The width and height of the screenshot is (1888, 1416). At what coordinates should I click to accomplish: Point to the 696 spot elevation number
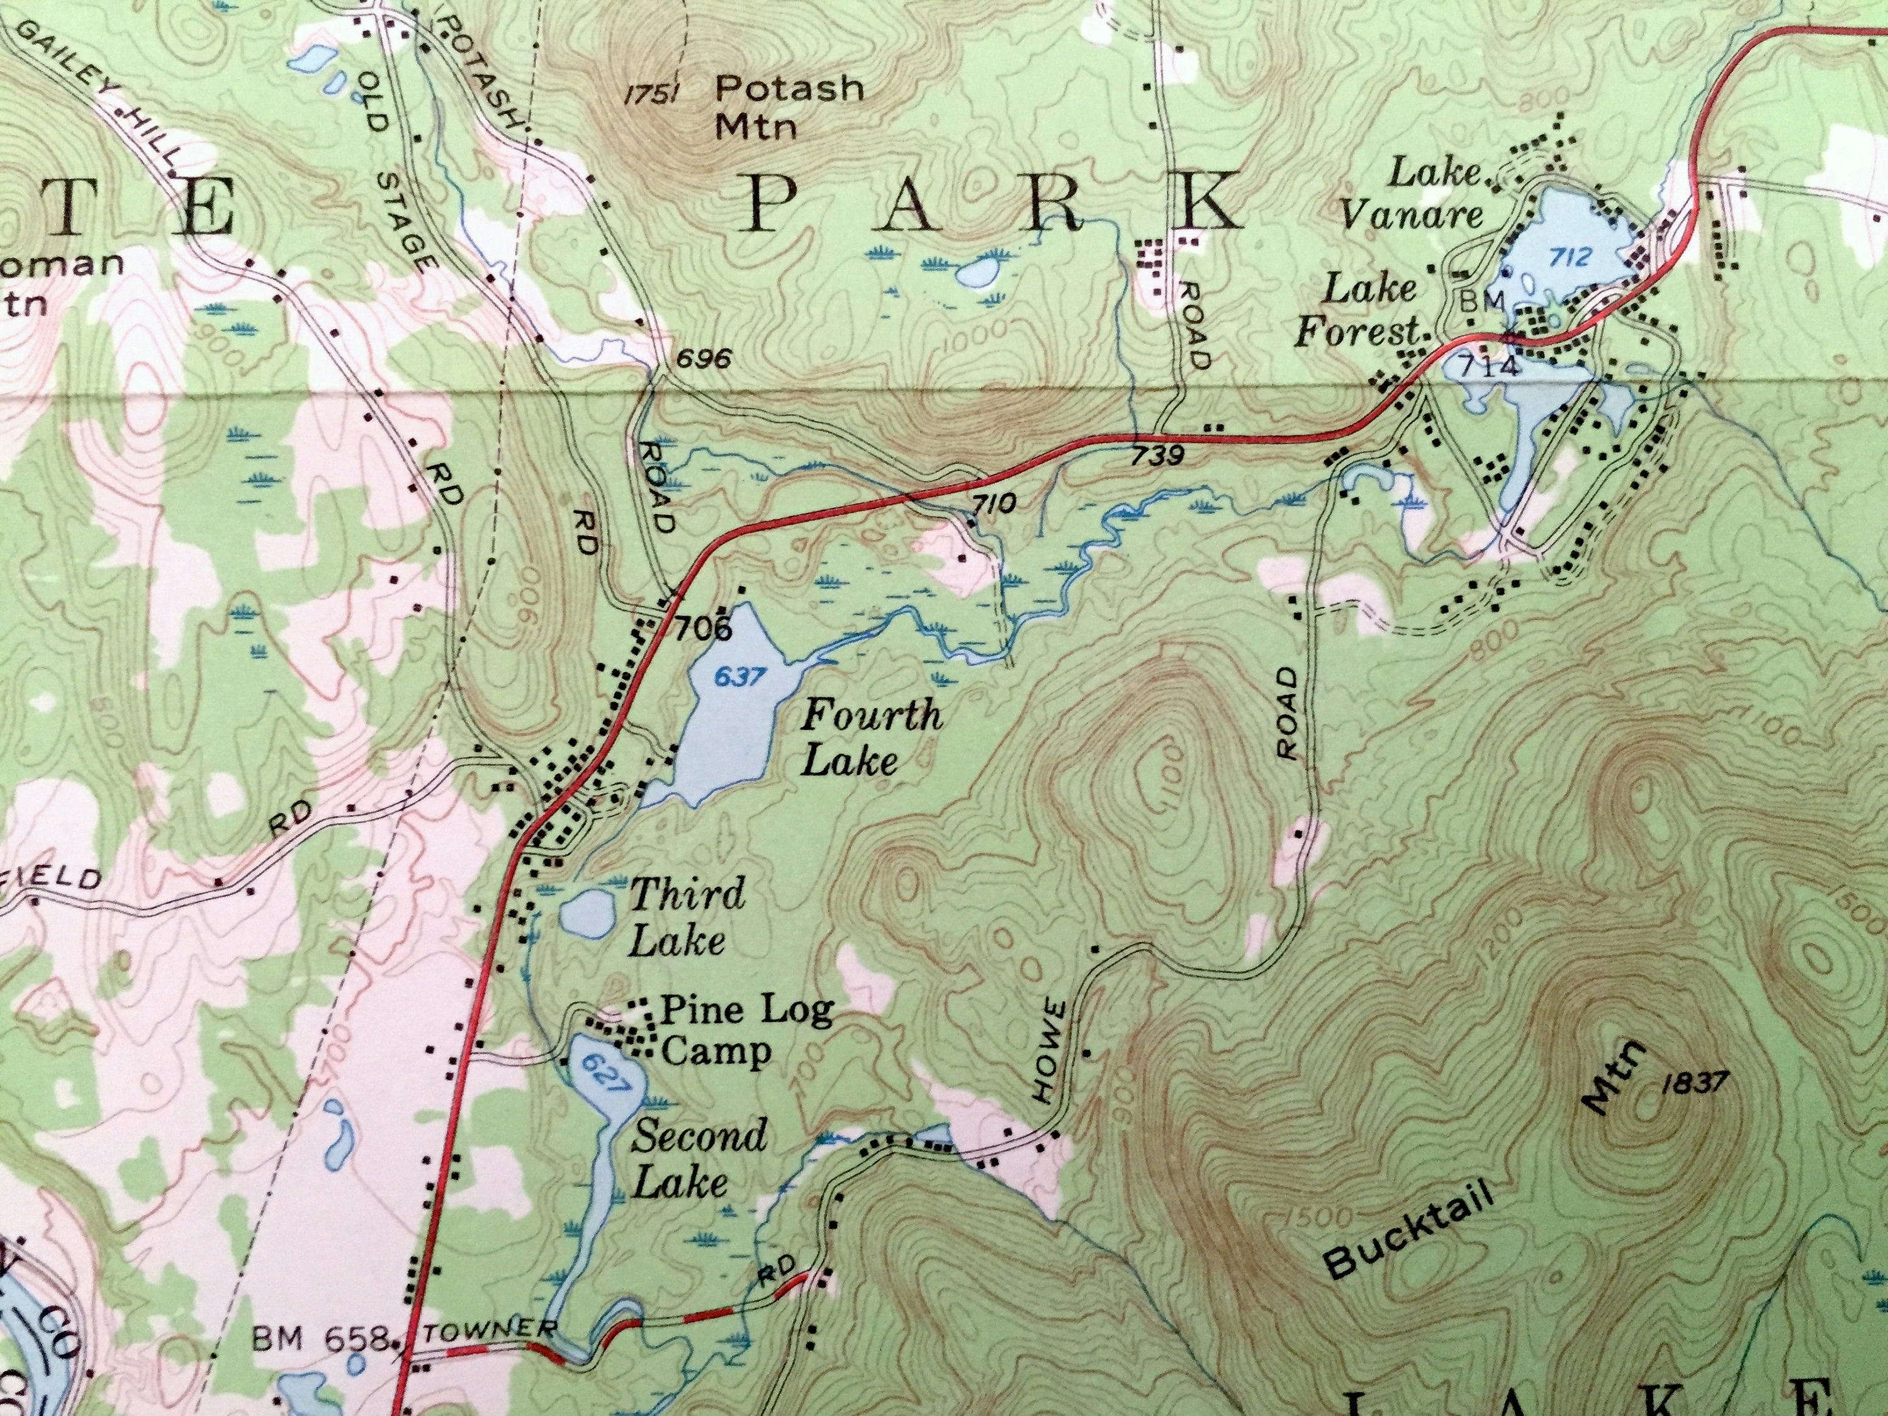[702, 359]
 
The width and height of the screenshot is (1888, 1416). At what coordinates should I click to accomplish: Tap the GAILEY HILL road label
[98, 89]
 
